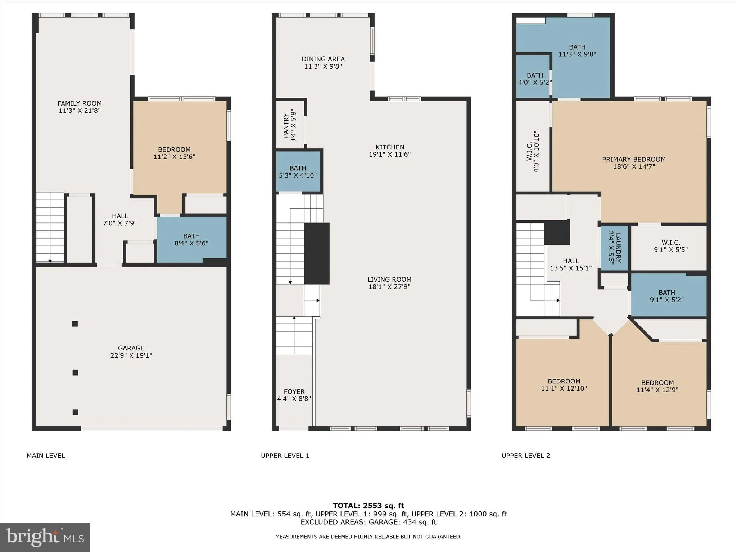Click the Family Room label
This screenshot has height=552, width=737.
(80, 103)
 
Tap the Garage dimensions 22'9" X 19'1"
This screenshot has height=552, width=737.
(131, 355)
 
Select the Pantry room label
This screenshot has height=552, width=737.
(286, 125)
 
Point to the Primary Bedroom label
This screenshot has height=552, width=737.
(634, 159)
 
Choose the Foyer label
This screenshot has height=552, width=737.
(294, 391)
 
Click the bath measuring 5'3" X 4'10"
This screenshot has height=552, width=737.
(298, 172)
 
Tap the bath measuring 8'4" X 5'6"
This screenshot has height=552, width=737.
(191, 240)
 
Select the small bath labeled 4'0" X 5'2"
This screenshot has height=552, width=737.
(535, 79)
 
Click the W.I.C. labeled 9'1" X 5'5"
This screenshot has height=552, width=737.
(670, 246)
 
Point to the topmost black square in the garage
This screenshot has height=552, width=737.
(75, 324)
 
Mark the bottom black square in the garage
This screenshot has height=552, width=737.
(75, 412)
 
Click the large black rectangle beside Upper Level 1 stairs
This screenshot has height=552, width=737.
(317, 253)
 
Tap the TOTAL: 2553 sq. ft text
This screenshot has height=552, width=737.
(368, 506)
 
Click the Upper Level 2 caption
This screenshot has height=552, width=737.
(525, 456)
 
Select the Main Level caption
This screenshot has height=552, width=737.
(46, 456)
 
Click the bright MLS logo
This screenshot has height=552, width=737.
(45, 537)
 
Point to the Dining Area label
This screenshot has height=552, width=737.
(323, 59)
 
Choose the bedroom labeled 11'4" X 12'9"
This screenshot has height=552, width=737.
(657, 386)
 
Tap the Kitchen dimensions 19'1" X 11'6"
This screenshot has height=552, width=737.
(390, 155)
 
